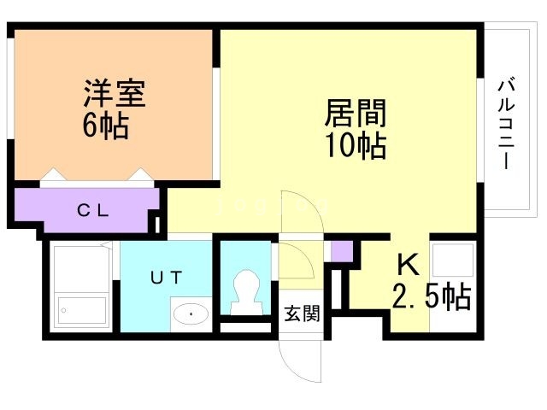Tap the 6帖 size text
(x=106, y=126)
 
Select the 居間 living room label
(x=355, y=113)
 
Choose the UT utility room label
(x=166, y=276)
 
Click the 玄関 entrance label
(x=302, y=313)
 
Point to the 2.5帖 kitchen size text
(x=432, y=296)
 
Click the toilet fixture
(x=248, y=290)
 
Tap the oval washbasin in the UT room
(x=191, y=315)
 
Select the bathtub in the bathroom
(x=80, y=310)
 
